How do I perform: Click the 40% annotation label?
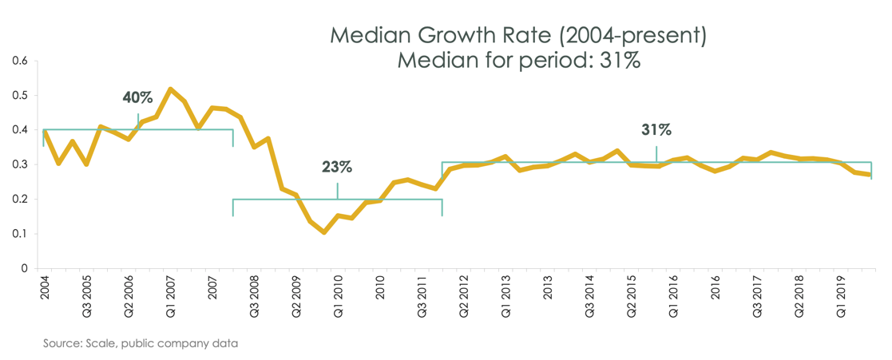tap(137, 97)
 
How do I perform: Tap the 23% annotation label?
tap(337, 167)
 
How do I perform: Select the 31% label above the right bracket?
tap(656, 129)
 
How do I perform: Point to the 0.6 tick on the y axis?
tap(19, 61)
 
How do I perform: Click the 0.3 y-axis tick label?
tap(19, 164)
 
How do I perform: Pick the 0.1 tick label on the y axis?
tap(19, 234)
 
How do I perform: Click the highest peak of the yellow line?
tap(170, 89)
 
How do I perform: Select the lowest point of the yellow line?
tap(323, 232)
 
